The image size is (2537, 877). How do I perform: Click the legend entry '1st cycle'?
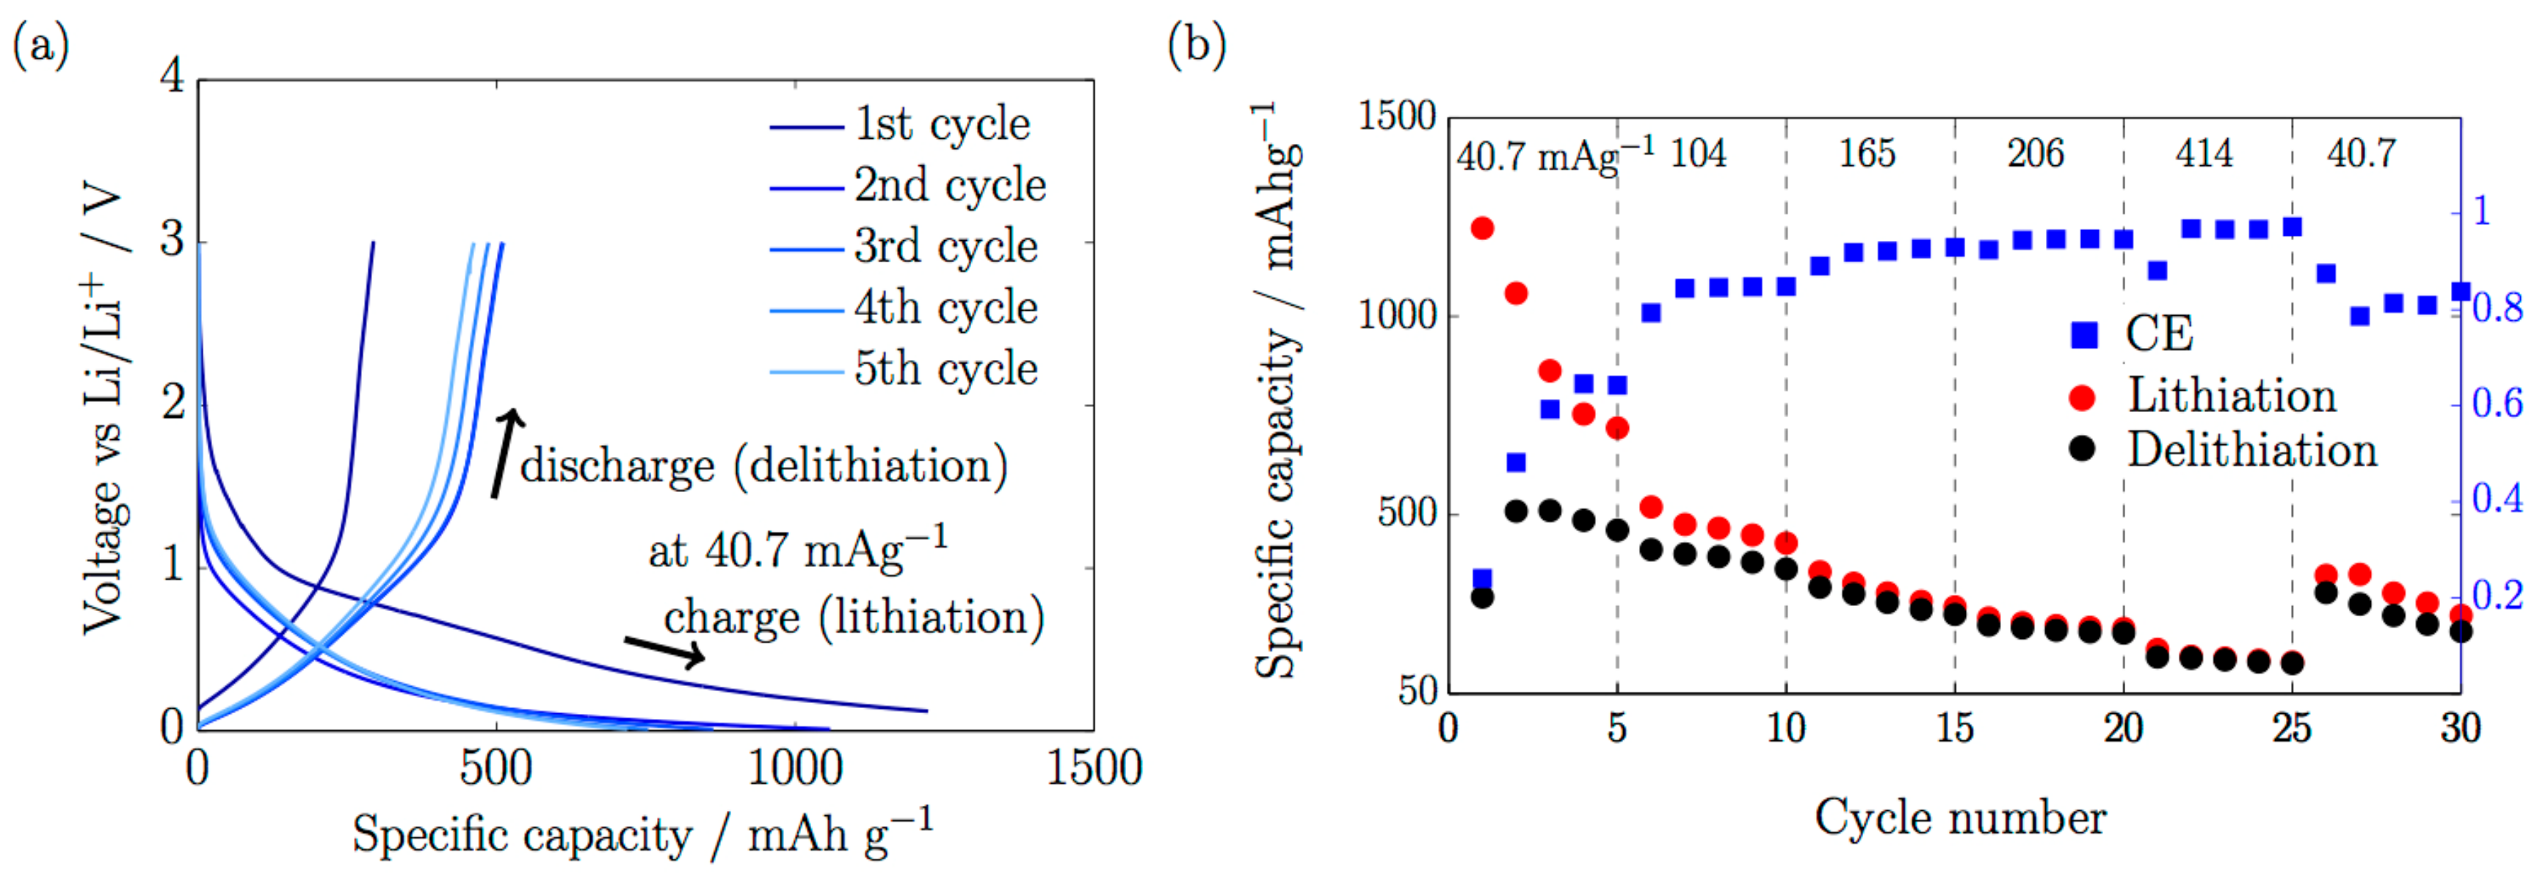[x=942, y=125]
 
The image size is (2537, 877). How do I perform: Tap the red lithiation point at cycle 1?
[x=1481, y=228]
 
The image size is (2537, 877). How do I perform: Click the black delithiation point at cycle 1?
[x=1481, y=597]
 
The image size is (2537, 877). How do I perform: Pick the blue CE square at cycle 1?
[x=1481, y=579]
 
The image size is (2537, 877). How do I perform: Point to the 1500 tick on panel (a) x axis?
[x=1093, y=768]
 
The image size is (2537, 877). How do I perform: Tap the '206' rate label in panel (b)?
[x=2035, y=154]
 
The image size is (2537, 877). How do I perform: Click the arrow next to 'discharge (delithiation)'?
[x=505, y=453]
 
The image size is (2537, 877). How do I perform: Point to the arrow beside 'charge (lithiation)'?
[x=665, y=650]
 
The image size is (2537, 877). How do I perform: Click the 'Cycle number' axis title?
[x=1960, y=818]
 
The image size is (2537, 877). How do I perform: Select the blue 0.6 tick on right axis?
[x=2497, y=404]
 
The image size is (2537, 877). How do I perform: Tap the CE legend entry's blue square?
[x=2083, y=335]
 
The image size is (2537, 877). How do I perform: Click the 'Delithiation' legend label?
[x=2252, y=451]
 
